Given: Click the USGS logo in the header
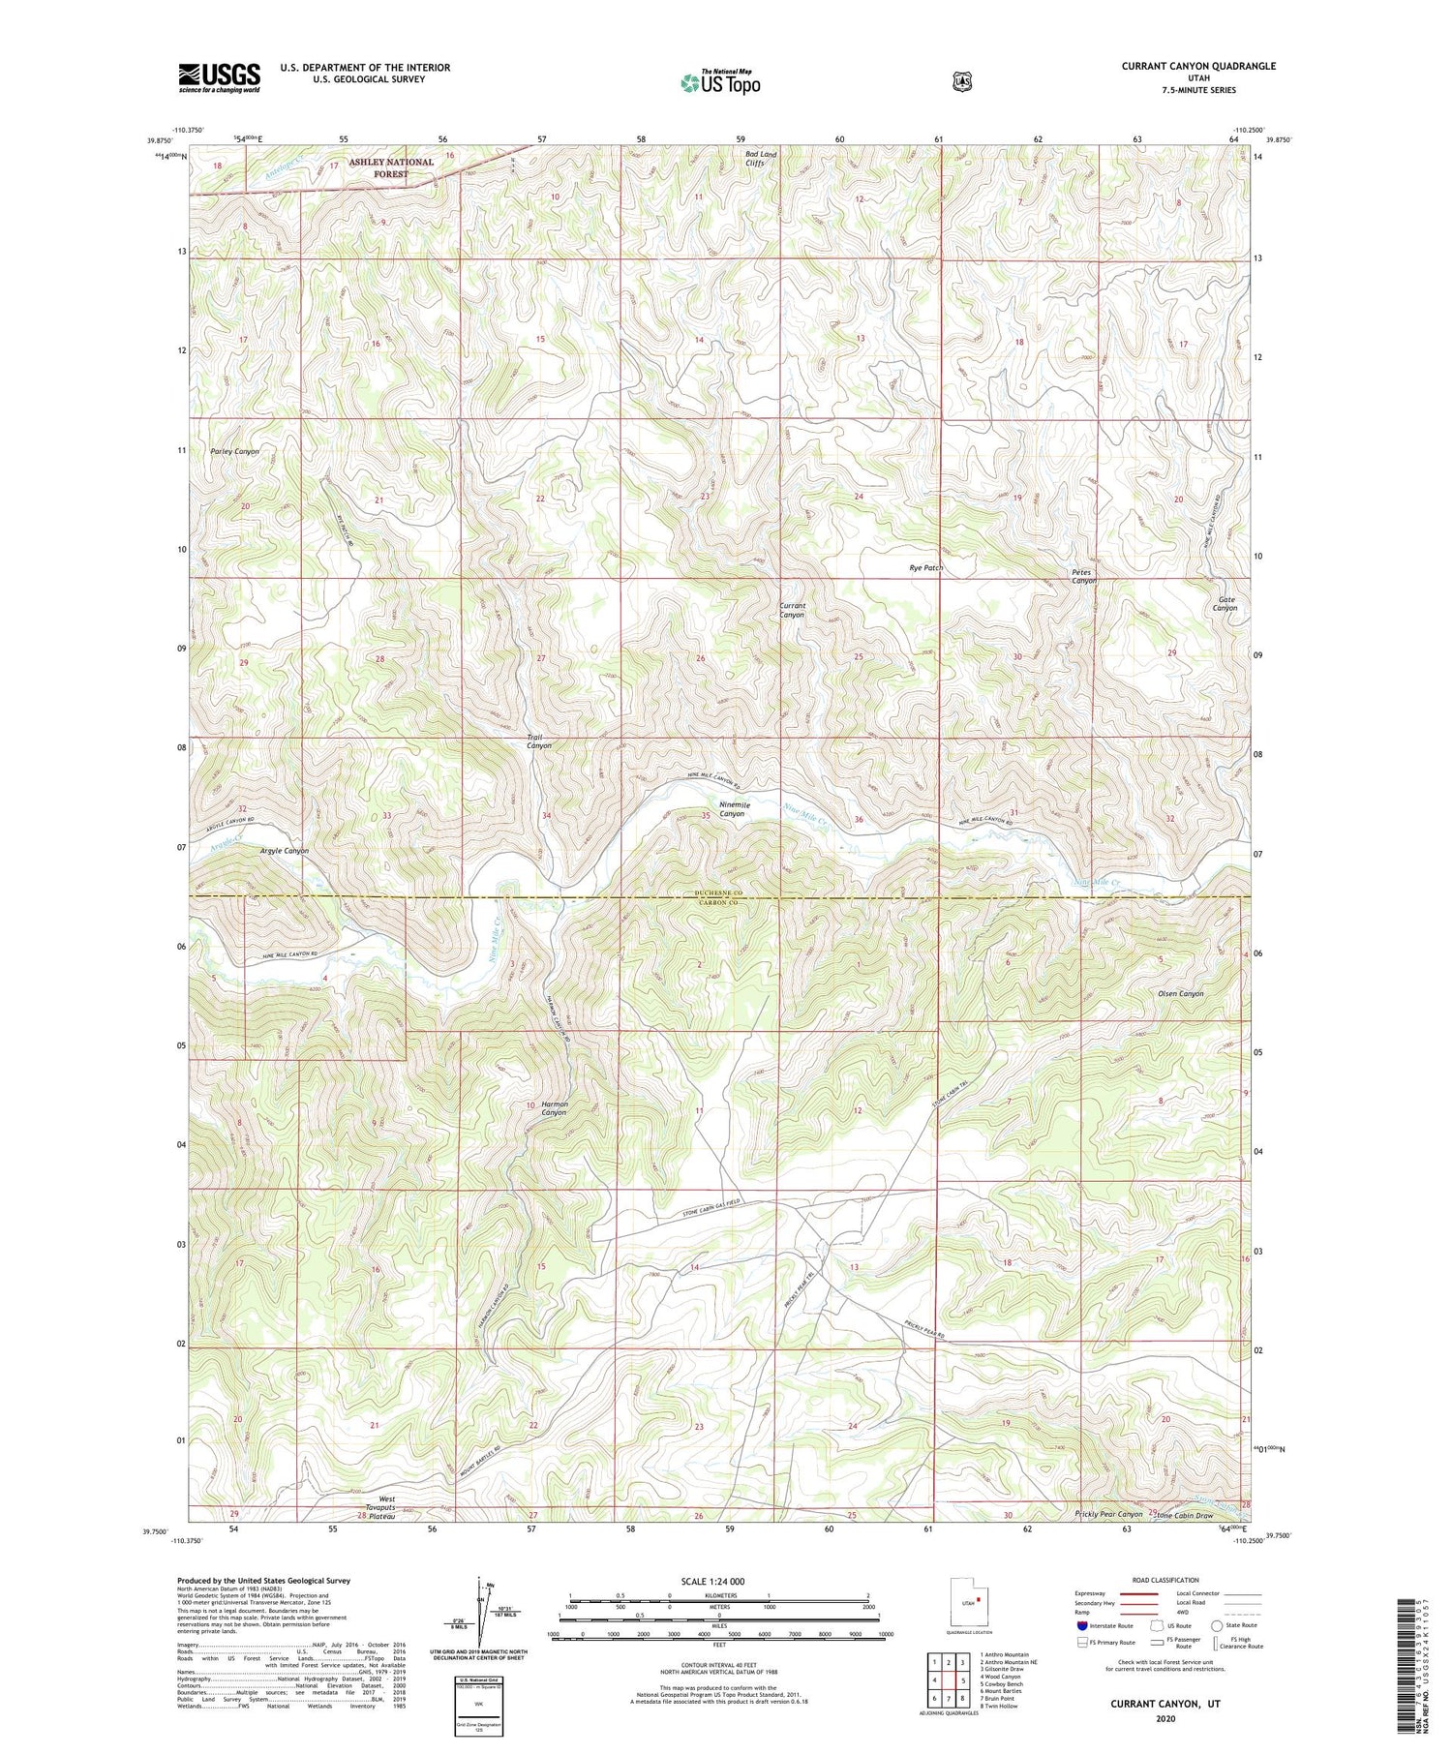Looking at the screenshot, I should click(219, 77).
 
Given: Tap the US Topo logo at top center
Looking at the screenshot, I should click(720, 81).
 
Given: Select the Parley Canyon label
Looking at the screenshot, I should click(234, 451).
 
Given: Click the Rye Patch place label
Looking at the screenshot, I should click(925, 568).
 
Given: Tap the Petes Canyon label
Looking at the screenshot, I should click(1083, 576).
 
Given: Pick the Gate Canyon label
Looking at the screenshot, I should click(1226, 603).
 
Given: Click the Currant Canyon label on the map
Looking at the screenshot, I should click(792, 610).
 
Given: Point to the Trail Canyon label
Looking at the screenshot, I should click(538, 741).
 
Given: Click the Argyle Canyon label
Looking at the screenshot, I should click(284, 851).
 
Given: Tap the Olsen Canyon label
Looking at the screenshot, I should click(1180, 993).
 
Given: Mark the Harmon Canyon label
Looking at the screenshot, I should click(554, 1108).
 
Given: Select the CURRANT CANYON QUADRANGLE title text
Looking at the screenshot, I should click(1198, 67).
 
